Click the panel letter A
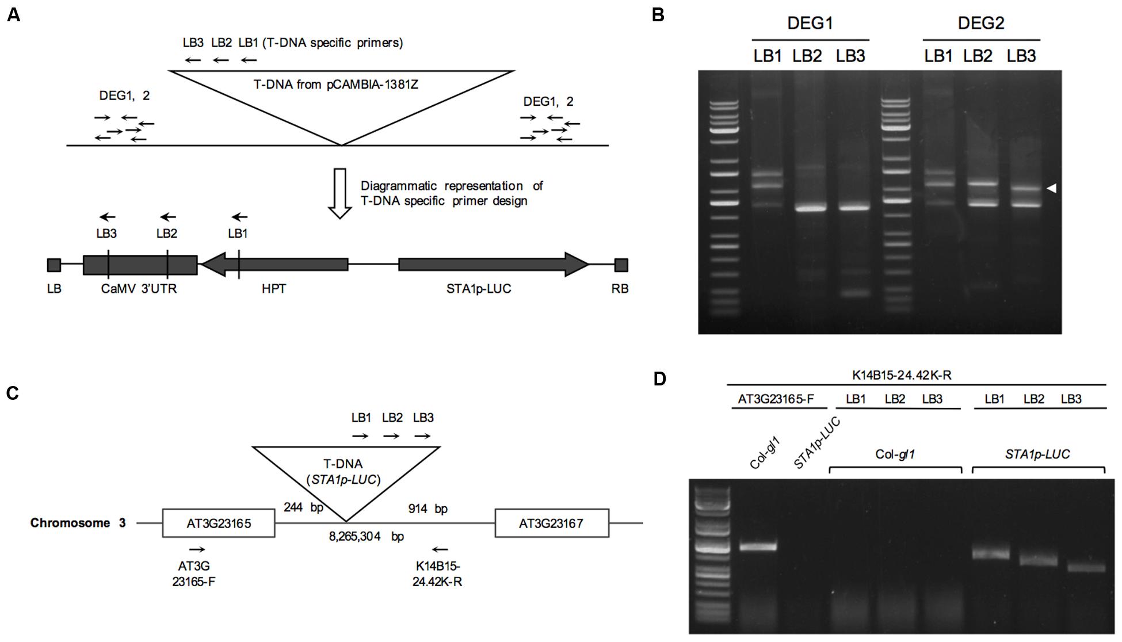point(13,16)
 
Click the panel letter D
point(659,379)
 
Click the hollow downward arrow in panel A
point(340,193)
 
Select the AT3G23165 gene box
point(219,523)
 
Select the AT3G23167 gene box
point(551,523)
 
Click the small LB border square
point(54,265)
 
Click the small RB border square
point(621,265)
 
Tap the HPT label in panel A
point(274,289)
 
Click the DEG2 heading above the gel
point(981,24)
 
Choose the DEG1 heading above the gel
point(810,24)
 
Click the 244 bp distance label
point(303,507)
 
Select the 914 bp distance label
point(428,509)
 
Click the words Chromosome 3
point(78,523)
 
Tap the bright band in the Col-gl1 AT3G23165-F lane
point(758,546)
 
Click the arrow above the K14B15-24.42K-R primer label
point(440,549)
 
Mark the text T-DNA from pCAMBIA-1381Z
point(336,85)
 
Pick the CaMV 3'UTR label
point(139,289)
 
